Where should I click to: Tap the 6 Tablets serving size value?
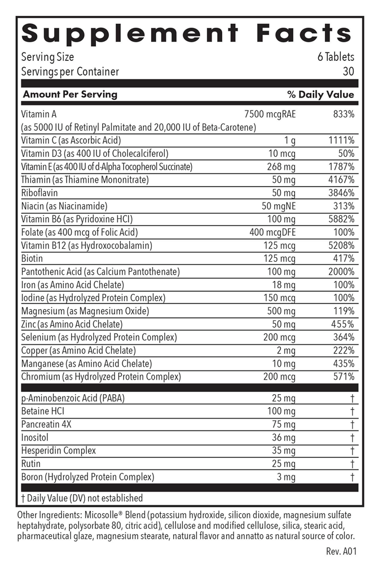coord(336,57)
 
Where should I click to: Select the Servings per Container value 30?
coord(349,72)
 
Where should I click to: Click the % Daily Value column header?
coord(320,94)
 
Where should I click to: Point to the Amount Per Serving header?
coord(70,94)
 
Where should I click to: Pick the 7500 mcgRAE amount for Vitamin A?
coord(270,114)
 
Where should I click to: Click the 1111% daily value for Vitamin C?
coord(341,140)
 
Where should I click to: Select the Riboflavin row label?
coord(40,193)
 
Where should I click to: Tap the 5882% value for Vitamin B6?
coord(341,219)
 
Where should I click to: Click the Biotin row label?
coord(33,259)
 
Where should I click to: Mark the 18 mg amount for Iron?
coord(283,285)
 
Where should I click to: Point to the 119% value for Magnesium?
coord(344,311)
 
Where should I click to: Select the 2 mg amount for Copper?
coord(285,351)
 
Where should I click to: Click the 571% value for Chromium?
coord(344,377)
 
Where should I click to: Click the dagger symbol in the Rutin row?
coord(352,464)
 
